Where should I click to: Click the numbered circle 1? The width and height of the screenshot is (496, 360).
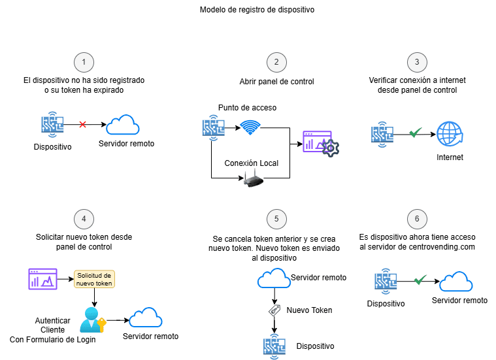click(x=84, y=62)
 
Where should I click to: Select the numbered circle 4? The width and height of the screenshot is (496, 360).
click(x=84, y=219)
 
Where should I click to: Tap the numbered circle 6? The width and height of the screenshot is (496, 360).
click(x=417, y=219)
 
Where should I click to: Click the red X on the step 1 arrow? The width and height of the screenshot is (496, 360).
click(x=83, y=124)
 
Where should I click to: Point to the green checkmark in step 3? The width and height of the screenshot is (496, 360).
click(x=414, y=133)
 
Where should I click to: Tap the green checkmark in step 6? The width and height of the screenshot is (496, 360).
click(x=420, y=280)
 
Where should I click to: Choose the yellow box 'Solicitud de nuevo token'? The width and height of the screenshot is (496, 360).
click(x=95, y=279)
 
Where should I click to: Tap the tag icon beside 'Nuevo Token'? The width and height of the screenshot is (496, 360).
click(x=275, y=310)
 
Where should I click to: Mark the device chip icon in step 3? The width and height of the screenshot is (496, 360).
click(x=382, y=134)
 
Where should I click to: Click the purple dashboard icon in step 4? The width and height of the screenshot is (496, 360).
click(x=41, y=279)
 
